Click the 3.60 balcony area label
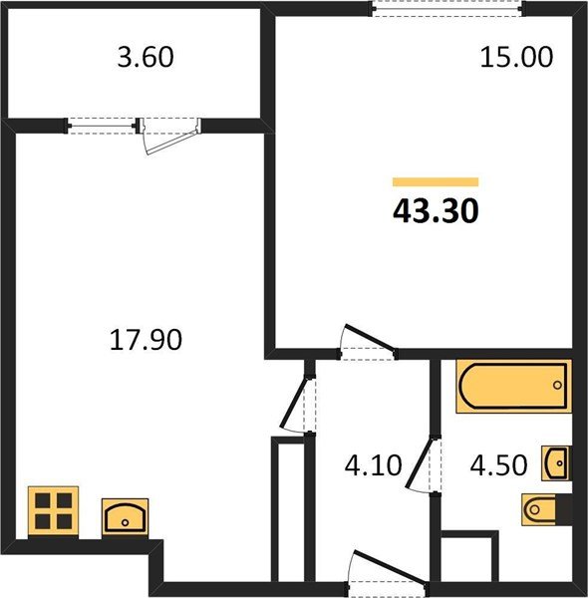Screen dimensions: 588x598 coord(146,57)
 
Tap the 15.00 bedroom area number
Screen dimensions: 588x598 coord(516,57)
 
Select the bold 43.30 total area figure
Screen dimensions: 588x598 coord(436,211)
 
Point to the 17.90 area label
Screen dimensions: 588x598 coord(146,340)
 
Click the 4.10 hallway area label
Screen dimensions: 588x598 coord(373,465)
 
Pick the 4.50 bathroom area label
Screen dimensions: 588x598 coord(498,465)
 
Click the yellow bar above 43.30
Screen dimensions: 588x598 coord(436,182)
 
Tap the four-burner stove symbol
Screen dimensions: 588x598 coord(54,511)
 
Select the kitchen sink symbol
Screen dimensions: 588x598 coord(125,516)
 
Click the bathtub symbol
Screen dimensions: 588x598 coord(513,386)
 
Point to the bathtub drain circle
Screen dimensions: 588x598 coord(557,385)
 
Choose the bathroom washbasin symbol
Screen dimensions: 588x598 coord(557,463)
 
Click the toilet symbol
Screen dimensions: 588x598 coord(546,509)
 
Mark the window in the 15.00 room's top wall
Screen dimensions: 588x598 coord(447,8)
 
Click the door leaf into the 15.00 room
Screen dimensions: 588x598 coord(370,337)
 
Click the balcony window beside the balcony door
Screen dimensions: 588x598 coord(102,126)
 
